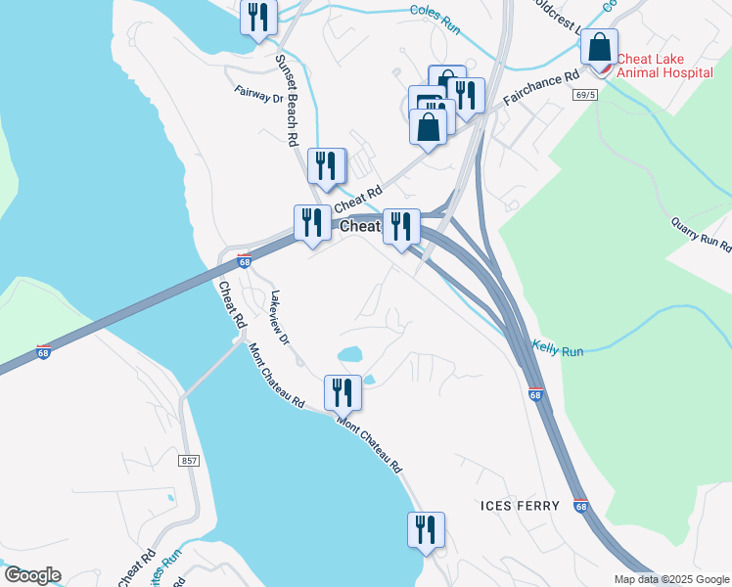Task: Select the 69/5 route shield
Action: tap(585, 95)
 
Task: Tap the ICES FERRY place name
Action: tap(521, 506)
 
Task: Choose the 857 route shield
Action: tap(190, 460)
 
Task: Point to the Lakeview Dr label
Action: tap(280, 318)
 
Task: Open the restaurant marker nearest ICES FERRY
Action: tap(426, 530)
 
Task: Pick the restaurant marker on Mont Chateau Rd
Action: tap(343, 392)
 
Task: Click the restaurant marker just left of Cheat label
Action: tap(312, 223)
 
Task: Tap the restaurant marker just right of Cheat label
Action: tap(401, 227)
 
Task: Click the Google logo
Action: tap(32, 575)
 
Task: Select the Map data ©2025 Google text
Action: tap(671, 579)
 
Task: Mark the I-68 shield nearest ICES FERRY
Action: tap(581, 506)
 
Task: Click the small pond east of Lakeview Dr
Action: tap(349, 353)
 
